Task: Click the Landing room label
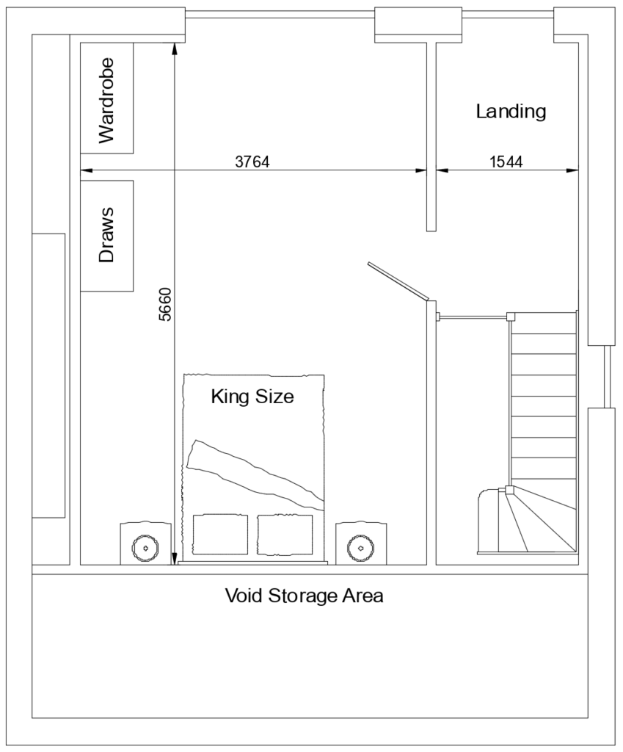click(511, 112)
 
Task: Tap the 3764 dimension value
click(252, 162)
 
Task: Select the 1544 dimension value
click(506, 162)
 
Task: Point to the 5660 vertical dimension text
click(165, 303)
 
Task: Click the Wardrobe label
click(106, 98)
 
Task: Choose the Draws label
click(106, 236)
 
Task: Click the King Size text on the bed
click(252, 397)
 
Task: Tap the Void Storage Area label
click(304, 596)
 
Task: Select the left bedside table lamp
click(145, 547)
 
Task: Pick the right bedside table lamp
click(360, 547)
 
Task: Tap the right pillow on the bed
click(285, 534)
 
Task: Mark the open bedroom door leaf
click(397, 281)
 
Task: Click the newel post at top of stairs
click(510, 317)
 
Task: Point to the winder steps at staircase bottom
click(542, 521)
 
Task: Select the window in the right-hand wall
click(607, 376)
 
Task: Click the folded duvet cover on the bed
click(253, 470)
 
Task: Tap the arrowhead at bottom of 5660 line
click(174, 558)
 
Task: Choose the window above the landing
click(507, 14)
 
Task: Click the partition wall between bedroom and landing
click(431, 136)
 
